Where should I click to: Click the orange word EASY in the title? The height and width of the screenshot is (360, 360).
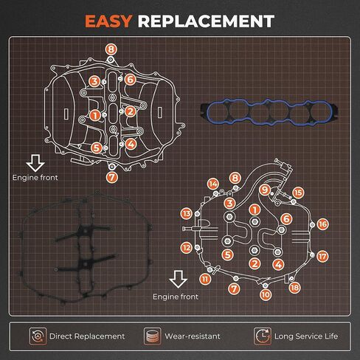108,21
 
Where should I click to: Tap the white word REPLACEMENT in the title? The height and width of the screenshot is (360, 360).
206,21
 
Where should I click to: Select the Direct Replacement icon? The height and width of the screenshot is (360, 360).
38,336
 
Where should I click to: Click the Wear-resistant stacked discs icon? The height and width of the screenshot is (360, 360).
153,336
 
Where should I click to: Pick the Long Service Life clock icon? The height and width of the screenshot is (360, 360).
263,336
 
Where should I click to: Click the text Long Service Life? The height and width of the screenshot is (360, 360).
306,336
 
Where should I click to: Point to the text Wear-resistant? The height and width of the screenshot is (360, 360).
193,336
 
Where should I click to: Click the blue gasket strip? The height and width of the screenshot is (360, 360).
270,112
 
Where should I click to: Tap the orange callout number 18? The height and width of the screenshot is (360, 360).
294,288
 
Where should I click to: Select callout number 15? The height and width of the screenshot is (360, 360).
298,193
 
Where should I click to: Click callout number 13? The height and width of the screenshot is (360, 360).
187,213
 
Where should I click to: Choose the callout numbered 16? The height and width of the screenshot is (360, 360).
322,224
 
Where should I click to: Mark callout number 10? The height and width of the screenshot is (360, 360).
266,294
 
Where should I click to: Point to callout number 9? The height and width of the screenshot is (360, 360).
265,190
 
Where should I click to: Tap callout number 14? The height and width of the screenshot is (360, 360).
213,184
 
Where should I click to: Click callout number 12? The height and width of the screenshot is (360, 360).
186,248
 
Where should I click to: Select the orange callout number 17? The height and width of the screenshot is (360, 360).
322,256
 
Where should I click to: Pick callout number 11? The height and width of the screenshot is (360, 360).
205,279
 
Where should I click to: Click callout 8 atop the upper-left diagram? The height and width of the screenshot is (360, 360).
111,49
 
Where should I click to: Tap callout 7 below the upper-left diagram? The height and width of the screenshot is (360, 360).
112,177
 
